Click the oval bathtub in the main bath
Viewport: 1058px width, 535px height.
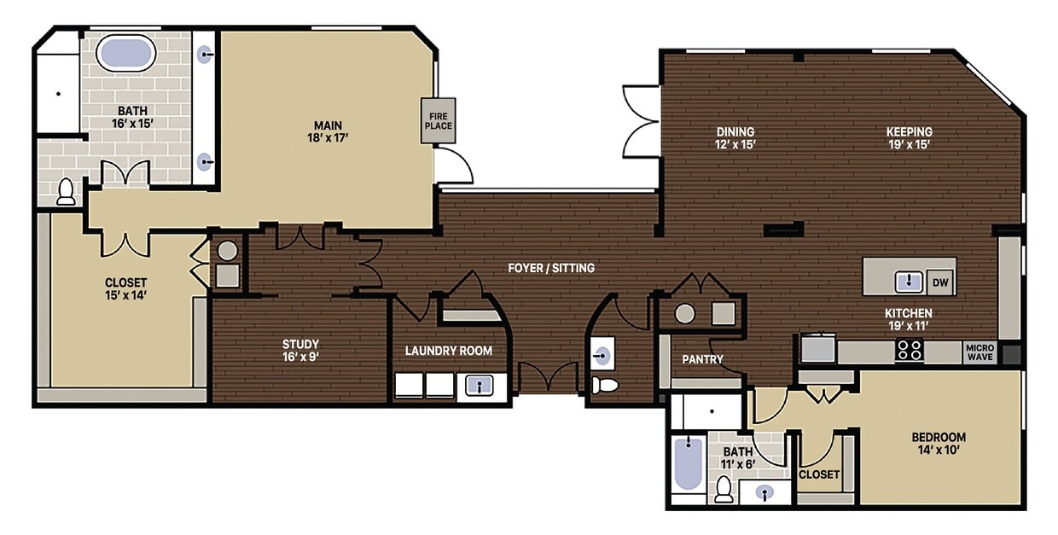[125, 54]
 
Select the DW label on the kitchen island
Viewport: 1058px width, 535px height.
[939, 282]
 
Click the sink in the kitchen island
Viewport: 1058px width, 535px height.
[910, 281]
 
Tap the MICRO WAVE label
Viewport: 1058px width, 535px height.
[979, 352]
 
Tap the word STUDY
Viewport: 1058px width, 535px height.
[300, 345]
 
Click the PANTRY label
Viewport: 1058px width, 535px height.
[702, 359]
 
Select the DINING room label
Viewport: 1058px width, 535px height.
[735, 131]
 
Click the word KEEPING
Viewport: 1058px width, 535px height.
[909, 131]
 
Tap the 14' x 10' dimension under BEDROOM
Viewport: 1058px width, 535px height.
[939, 451]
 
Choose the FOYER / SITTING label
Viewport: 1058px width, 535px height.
[551, 268]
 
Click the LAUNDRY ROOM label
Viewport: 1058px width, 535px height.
[448, 351]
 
